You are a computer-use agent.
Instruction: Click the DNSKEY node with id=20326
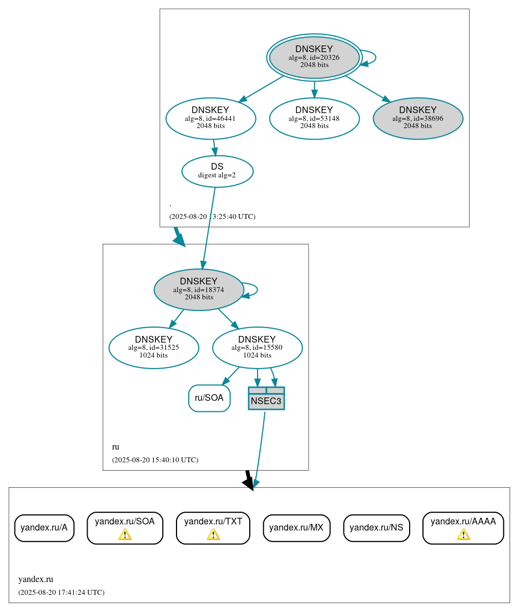pyautogui.click(x=314, y=57)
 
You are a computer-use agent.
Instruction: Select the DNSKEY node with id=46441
pyautogui.click(x=210, y=118)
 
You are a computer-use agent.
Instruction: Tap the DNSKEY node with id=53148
pyautogui.click(x=314, y=118)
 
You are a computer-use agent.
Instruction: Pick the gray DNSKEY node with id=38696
pyautogui.click(x=417, y=118)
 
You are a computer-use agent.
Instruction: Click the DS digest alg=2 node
pyautogui.click(x=217, y=171)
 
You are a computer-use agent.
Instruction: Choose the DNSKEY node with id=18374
pyautogui.click(x=199, y=289)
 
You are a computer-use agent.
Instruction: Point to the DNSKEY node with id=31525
pyautogui.click(x=154, y=348)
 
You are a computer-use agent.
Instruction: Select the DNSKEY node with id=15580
pyautogui.click(x=257, y=348)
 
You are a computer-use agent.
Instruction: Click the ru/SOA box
pyautogui.click(x=209, y=398)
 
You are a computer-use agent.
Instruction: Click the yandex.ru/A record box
pyautogui.click(x=44, y=528)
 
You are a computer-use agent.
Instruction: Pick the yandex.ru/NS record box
pyautogui.click(x=376, y=528)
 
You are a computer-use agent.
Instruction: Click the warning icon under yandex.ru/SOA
pyautogui.click(x=125, y=534)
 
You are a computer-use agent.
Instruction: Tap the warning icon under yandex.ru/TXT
pyautogui.click(x=213, y=534)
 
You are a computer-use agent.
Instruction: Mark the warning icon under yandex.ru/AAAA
pyautogui.click(x=463, y=534)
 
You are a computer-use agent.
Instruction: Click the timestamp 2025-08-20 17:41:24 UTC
pyautogui.click(x=61, y=593)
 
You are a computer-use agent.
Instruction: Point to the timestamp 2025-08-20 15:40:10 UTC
pyautogui.click(x=155, y=460)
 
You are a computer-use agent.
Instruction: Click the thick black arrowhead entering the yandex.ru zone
pyautogui.click(x=249, y=483)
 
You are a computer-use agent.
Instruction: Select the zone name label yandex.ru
pyautogui.click(x=36, y=579)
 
